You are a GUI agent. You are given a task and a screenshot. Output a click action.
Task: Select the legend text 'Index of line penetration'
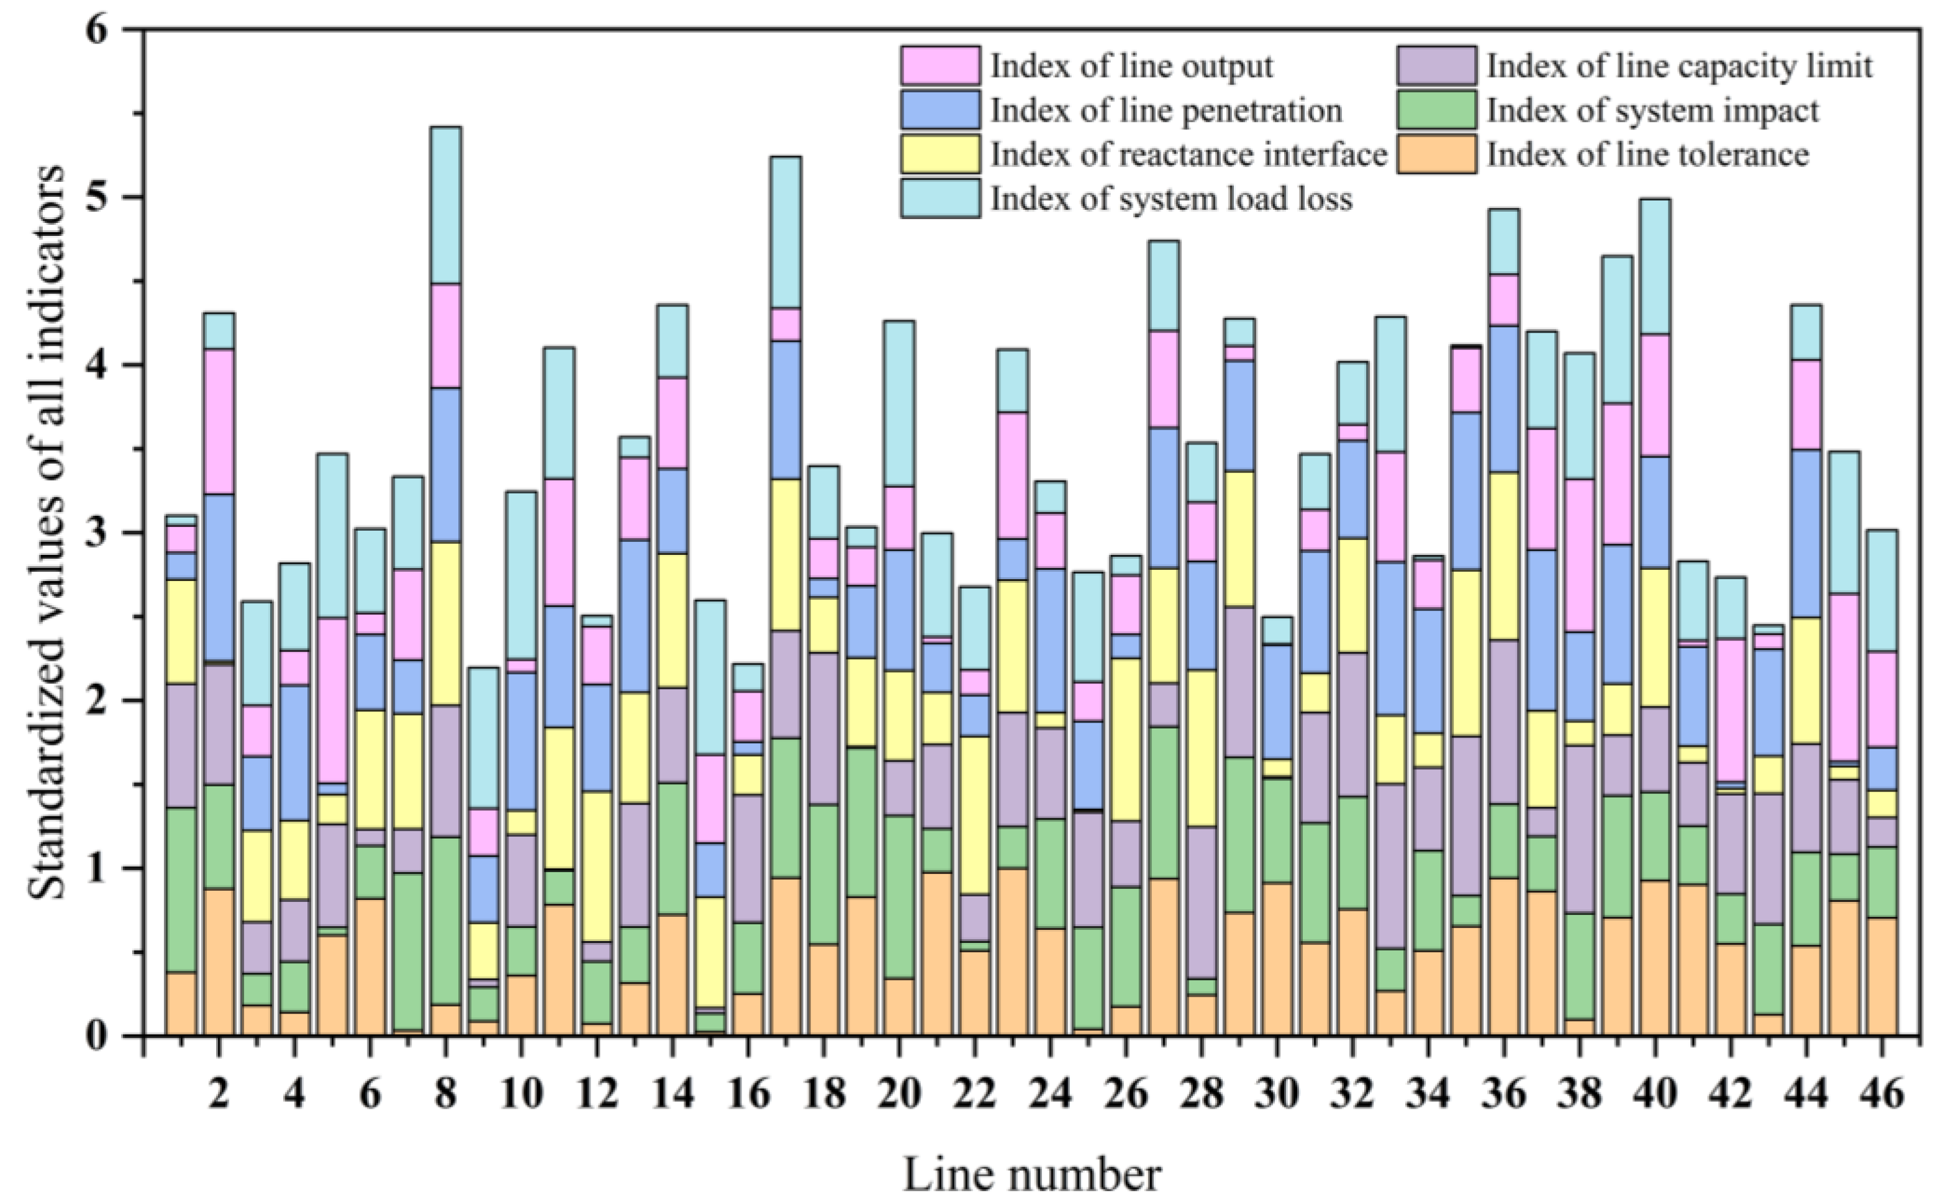(1166, 110)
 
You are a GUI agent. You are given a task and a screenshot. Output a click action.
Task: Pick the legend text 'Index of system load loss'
(1171, 198)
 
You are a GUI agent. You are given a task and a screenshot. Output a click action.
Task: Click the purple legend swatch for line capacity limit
(1436, 65)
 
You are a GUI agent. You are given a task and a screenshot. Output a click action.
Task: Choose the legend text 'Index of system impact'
(1652, 110)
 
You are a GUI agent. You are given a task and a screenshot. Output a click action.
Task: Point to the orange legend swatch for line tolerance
(1436, 153)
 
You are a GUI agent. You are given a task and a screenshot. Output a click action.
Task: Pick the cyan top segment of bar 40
(1655, 266)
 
